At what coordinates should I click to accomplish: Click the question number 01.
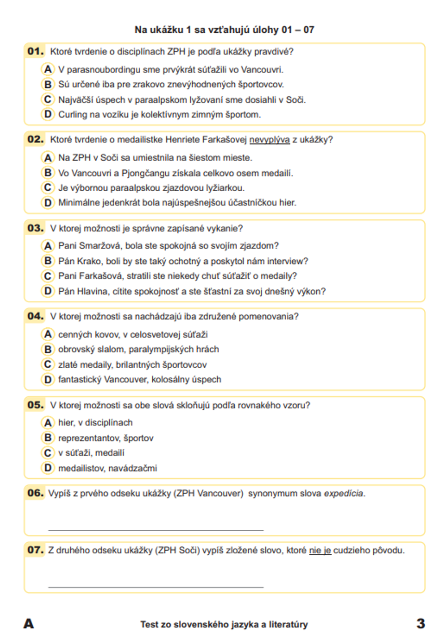pos(35,51)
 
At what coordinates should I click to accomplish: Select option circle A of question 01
pos(47,69)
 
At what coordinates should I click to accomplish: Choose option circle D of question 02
pos(47,202)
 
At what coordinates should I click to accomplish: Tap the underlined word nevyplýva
pos(269,140)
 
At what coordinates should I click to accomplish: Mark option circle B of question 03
pos(47,261)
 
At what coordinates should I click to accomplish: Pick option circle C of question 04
pos(47,364)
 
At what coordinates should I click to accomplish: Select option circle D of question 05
pos(47,468)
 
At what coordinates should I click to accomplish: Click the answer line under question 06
pos(155,530)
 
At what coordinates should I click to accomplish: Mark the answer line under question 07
pos(155,587)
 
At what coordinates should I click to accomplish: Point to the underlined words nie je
pos(320,550)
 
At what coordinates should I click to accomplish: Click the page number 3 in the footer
pos(420,623)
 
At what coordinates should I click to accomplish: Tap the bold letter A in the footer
pos(28,623)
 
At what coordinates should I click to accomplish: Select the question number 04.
pos(35,316)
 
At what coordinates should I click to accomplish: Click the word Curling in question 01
pos(73,115)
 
